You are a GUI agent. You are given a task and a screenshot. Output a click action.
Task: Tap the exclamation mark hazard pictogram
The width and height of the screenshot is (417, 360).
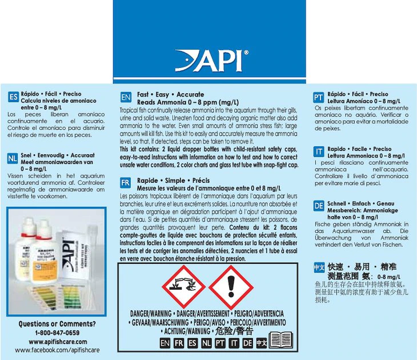(231, 286)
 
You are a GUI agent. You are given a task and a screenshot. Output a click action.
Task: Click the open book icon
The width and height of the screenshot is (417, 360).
(281, 341)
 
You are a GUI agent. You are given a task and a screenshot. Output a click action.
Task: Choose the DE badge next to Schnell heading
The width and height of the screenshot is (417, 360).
(319, 206)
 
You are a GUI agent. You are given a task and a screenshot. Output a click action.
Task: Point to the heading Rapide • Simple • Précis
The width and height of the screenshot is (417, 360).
(173, 181)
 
